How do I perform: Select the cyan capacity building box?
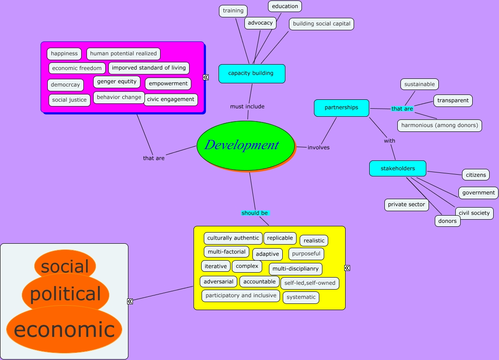point(252,74)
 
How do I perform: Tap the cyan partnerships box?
point(342,108)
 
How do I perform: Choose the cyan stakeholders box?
point(398,168)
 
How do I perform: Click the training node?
point(233,11)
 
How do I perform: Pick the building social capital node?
point(322,24)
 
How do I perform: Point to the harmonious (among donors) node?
point(439,126)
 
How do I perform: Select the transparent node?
point(453,101)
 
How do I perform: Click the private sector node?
point(406,205)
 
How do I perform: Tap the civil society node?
point(474,213)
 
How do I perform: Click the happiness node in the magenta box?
point(64,54)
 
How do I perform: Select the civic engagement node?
point(171,99)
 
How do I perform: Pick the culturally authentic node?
point(233,238)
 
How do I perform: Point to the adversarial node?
point(219,282)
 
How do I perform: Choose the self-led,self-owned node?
point(310,283)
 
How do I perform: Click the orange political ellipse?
point(65,294)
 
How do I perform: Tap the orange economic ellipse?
point(64,330)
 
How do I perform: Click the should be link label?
point(255,213)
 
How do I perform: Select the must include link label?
point(247,106)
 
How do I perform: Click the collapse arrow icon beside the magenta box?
point(206,77)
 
